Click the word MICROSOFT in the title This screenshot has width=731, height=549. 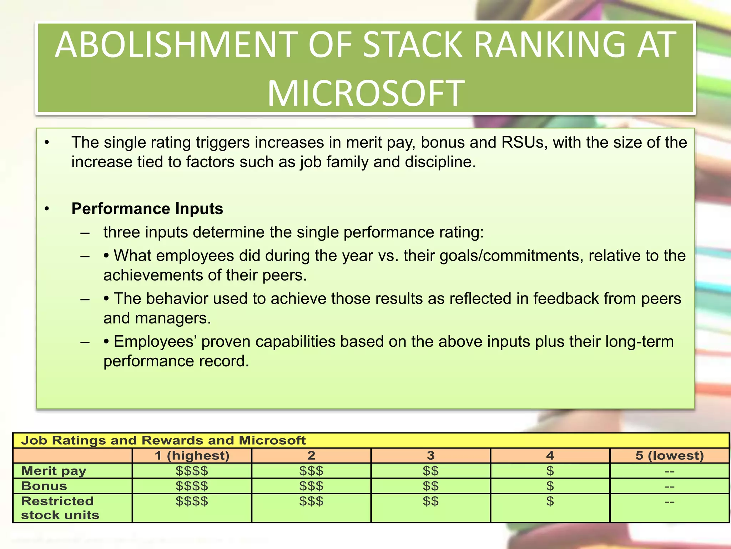click(366, 94)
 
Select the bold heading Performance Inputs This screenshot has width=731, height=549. click(147, 209)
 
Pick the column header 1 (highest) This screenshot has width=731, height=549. click(192, 456)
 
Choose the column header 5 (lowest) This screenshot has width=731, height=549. click(670, 456)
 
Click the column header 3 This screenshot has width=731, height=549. click(431, 456)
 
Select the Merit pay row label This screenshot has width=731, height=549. click(54, 471)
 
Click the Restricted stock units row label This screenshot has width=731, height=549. click(60, 508)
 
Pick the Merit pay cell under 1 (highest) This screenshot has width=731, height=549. click(192, 471)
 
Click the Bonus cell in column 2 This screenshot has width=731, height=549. click(311, 486)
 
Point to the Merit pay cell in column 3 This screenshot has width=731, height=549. click(431, 471)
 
